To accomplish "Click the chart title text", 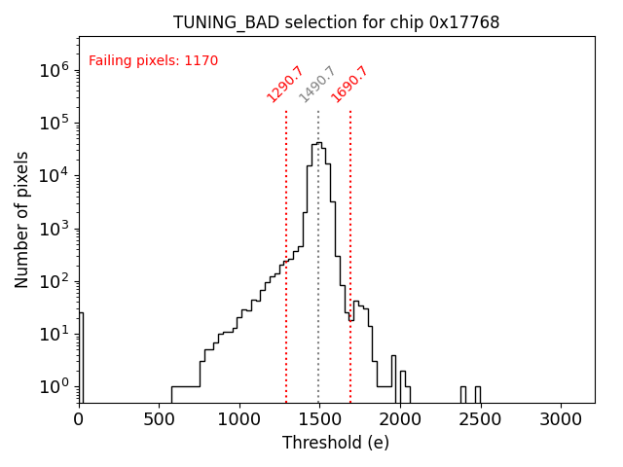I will (336, 22).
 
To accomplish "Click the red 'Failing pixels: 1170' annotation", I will (153, 61).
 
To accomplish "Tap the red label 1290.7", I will (285, 84).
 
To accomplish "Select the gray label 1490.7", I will (317, 84).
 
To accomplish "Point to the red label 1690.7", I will (349, 84).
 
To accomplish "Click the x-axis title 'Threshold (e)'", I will (336, 443).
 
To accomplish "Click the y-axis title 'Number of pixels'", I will (22, 219).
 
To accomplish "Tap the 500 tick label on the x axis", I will (159, 419).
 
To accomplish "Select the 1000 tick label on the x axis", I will (239, 419).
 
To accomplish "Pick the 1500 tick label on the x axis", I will (320, 419).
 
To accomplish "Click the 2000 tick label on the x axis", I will (400, 419).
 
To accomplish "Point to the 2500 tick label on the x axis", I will (481, 419).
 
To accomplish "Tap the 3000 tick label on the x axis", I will (562, 419).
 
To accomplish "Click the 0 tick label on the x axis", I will (79, 419).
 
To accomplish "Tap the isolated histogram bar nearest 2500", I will (477, 394).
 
